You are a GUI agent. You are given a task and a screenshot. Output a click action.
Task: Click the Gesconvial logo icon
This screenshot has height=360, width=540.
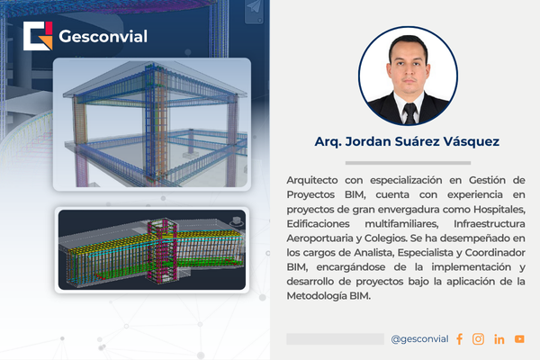[x=38, y=36]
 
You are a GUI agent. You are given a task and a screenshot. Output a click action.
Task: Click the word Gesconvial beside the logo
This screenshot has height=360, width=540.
[x=103, y=37]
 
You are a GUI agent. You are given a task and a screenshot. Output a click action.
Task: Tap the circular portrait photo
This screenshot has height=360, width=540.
[x=408, y=76]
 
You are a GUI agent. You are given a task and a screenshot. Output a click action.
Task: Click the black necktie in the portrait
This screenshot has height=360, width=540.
[x=409, y=113]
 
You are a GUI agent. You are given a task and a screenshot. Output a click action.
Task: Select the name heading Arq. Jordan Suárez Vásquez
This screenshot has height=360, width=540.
[x=407, y=141]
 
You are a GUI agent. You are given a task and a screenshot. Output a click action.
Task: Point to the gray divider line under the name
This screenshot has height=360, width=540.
[x=408, y=163]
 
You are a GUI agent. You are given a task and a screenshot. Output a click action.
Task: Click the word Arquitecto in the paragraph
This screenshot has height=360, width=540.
[x=312, y=181]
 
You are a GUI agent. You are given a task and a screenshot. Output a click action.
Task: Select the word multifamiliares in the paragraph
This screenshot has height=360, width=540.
[x=401, y=224]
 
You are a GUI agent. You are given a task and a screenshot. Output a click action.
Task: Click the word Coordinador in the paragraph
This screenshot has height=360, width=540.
[x=495, y=253]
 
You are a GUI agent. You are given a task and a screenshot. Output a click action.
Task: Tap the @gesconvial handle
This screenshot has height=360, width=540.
[x=419, y=339]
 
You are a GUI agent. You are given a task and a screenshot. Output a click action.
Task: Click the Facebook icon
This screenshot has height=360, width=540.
[x=459, y=339]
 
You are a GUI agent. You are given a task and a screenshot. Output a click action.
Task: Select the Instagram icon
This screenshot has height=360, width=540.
[x=478, y=339]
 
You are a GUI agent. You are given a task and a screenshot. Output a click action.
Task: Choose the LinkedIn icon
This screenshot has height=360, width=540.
[x=499, y=339]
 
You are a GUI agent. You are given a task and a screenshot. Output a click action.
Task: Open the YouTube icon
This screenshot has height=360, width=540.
[x=519, y=339]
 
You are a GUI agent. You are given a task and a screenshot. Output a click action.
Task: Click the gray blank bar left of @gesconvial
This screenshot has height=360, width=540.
[x=335, y=339]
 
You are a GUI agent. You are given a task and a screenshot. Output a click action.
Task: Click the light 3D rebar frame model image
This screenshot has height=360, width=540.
[x=152, y=124]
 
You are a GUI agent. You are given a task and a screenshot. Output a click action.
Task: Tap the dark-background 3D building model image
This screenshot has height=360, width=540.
[x=152, y=250]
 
